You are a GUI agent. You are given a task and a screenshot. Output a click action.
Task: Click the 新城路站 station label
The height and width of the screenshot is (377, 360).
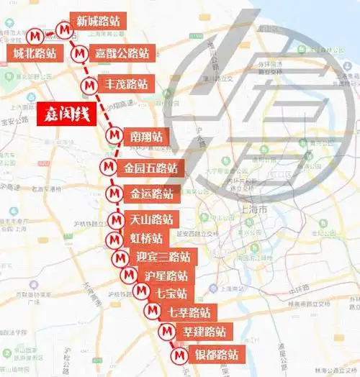(x=98, y=21)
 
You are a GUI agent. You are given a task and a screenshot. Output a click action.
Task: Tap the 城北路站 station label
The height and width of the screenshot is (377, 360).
(x=35, y=53)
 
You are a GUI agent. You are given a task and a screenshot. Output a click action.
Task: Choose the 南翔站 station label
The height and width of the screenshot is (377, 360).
(x=146, y=136)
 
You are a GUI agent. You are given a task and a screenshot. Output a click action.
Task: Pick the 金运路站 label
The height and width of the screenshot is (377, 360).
(x=151, y=194)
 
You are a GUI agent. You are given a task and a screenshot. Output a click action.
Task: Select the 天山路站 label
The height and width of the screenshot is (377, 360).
(x=152, y=219)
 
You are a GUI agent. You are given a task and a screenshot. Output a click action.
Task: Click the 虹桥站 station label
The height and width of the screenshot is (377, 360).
(x=147, y=238)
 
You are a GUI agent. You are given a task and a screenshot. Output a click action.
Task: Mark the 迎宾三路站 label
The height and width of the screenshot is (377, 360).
(x=163, y=257)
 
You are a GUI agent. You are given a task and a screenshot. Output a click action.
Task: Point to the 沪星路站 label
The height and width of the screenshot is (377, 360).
(x=166, y=276)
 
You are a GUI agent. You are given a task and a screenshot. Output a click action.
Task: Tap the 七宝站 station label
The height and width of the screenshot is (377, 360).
(x=171, y=293)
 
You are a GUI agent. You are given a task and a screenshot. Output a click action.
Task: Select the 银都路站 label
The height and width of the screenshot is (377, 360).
(x=216, y=355)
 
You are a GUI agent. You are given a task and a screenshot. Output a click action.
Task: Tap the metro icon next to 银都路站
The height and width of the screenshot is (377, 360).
(x=179, y=355)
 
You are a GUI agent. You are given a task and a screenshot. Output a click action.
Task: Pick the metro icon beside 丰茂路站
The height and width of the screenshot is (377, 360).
(x=89, y=84)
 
